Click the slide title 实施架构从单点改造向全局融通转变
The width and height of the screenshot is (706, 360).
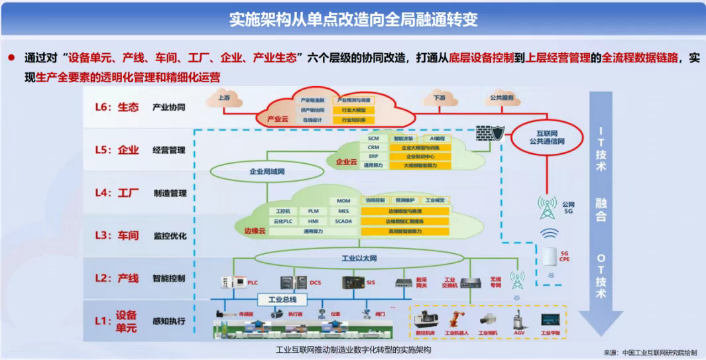point(353,19)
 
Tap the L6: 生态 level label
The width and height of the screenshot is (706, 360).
point(119,107)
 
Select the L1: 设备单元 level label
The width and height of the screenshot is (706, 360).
point(119,321)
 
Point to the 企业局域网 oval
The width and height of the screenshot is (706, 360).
point(266,171)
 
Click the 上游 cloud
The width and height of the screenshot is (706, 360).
point(223,99)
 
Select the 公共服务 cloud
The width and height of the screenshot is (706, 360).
point(501,98)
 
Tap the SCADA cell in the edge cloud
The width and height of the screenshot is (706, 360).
point(343,221)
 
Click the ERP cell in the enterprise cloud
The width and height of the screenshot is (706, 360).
point(373,156)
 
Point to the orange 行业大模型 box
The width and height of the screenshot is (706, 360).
point(354,110)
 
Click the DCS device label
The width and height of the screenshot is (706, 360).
point(316,283)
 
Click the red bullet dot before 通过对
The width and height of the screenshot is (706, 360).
point(11,58)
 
